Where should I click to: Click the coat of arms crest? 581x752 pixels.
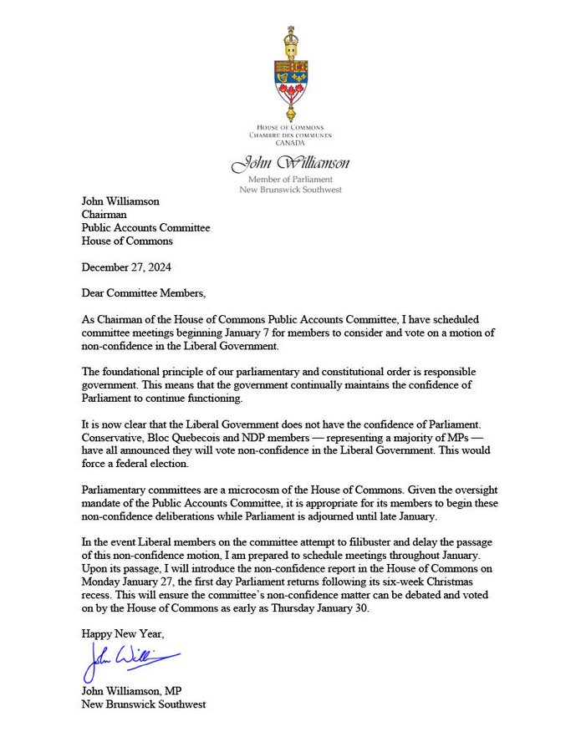pos(290,74)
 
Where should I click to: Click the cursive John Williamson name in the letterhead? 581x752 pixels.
pos(290,163)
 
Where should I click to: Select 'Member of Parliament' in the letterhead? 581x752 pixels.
pos(290,179)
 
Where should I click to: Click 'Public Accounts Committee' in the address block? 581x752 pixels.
pos(145,227)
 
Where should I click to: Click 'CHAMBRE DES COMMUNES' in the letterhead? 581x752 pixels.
pos(290,134)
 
